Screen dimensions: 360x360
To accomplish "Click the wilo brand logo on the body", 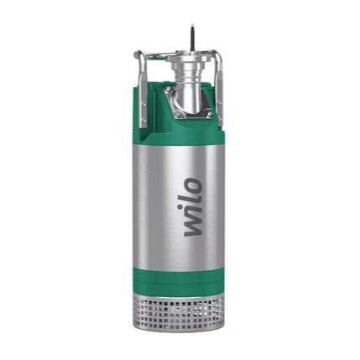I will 193,206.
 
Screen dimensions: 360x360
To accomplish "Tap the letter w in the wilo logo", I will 193,225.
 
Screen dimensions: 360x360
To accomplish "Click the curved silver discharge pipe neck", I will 190,92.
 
